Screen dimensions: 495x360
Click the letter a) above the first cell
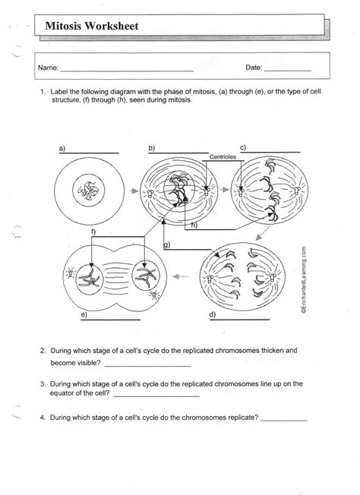point(60,147)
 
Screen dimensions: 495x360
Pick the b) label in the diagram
point(152,147)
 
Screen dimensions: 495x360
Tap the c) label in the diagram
point(242,147)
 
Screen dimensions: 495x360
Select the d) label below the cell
point(213,314)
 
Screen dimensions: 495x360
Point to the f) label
point(93,230)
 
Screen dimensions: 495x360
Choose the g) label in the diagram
point(166,244)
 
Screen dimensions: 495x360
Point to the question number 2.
point(44,352)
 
